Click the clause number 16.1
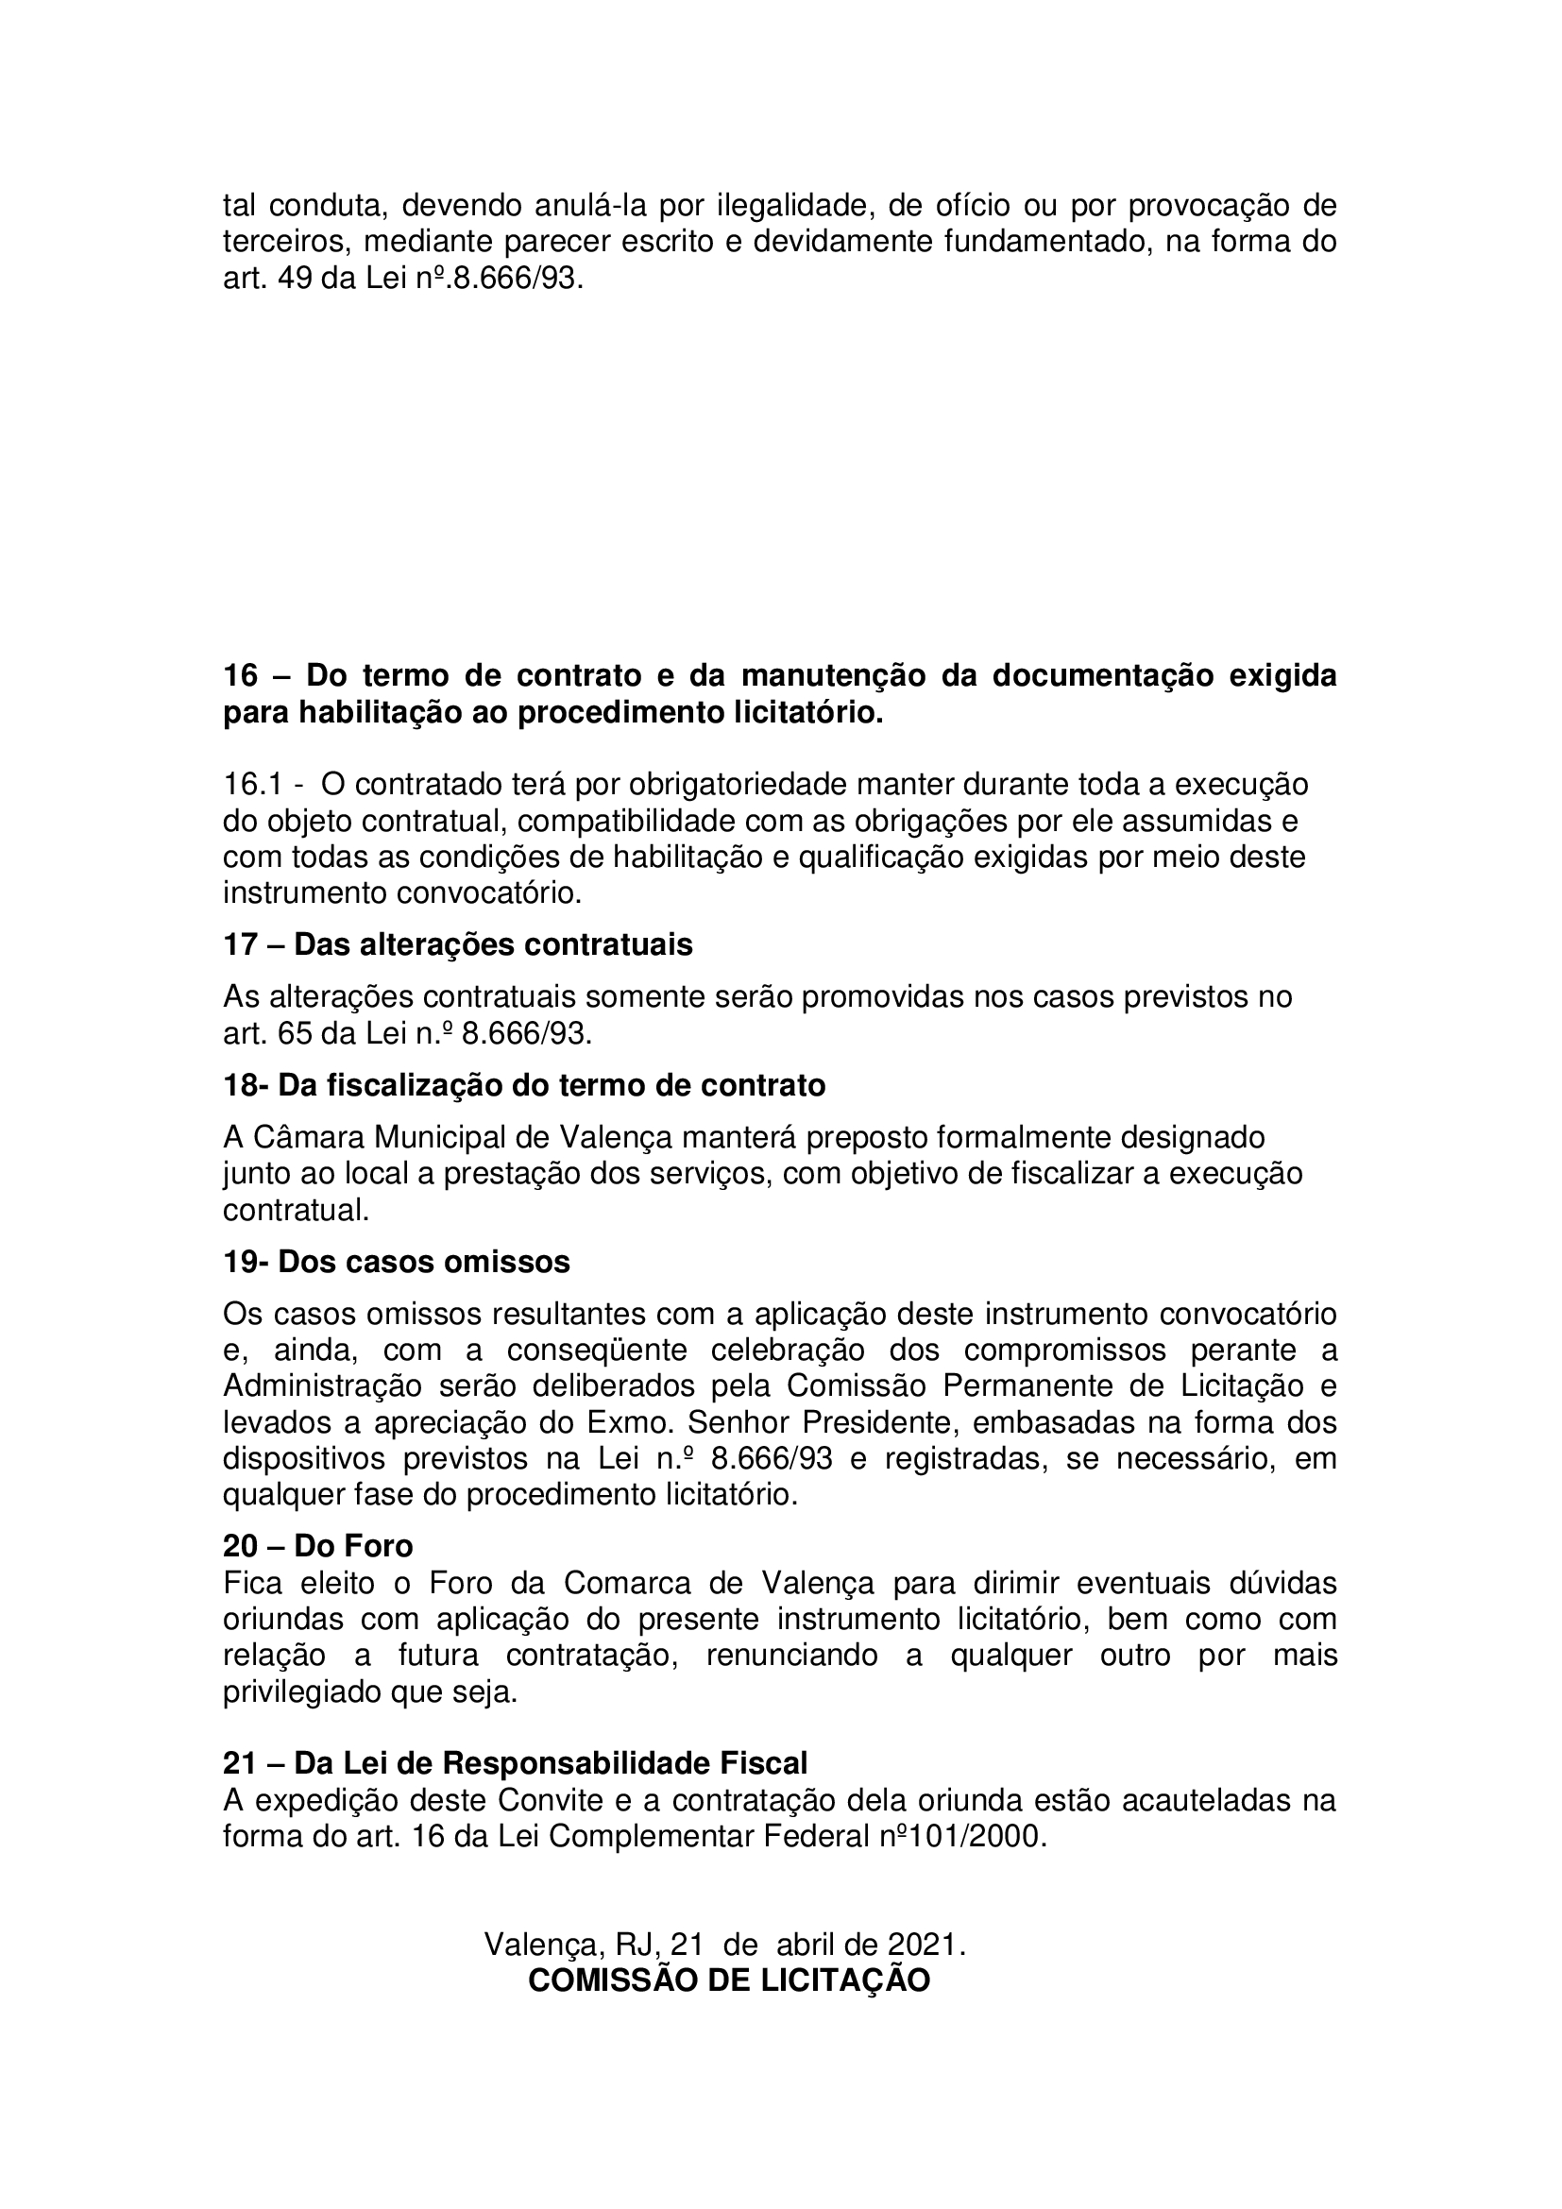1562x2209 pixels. (x=252, y=784)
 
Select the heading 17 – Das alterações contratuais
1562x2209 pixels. (x=458, y=944)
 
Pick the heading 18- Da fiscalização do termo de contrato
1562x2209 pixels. (x=524, y=1085)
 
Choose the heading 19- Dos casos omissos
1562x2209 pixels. (x=397, y=1262)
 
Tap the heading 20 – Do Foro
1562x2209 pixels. (x=317, y=1546)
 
